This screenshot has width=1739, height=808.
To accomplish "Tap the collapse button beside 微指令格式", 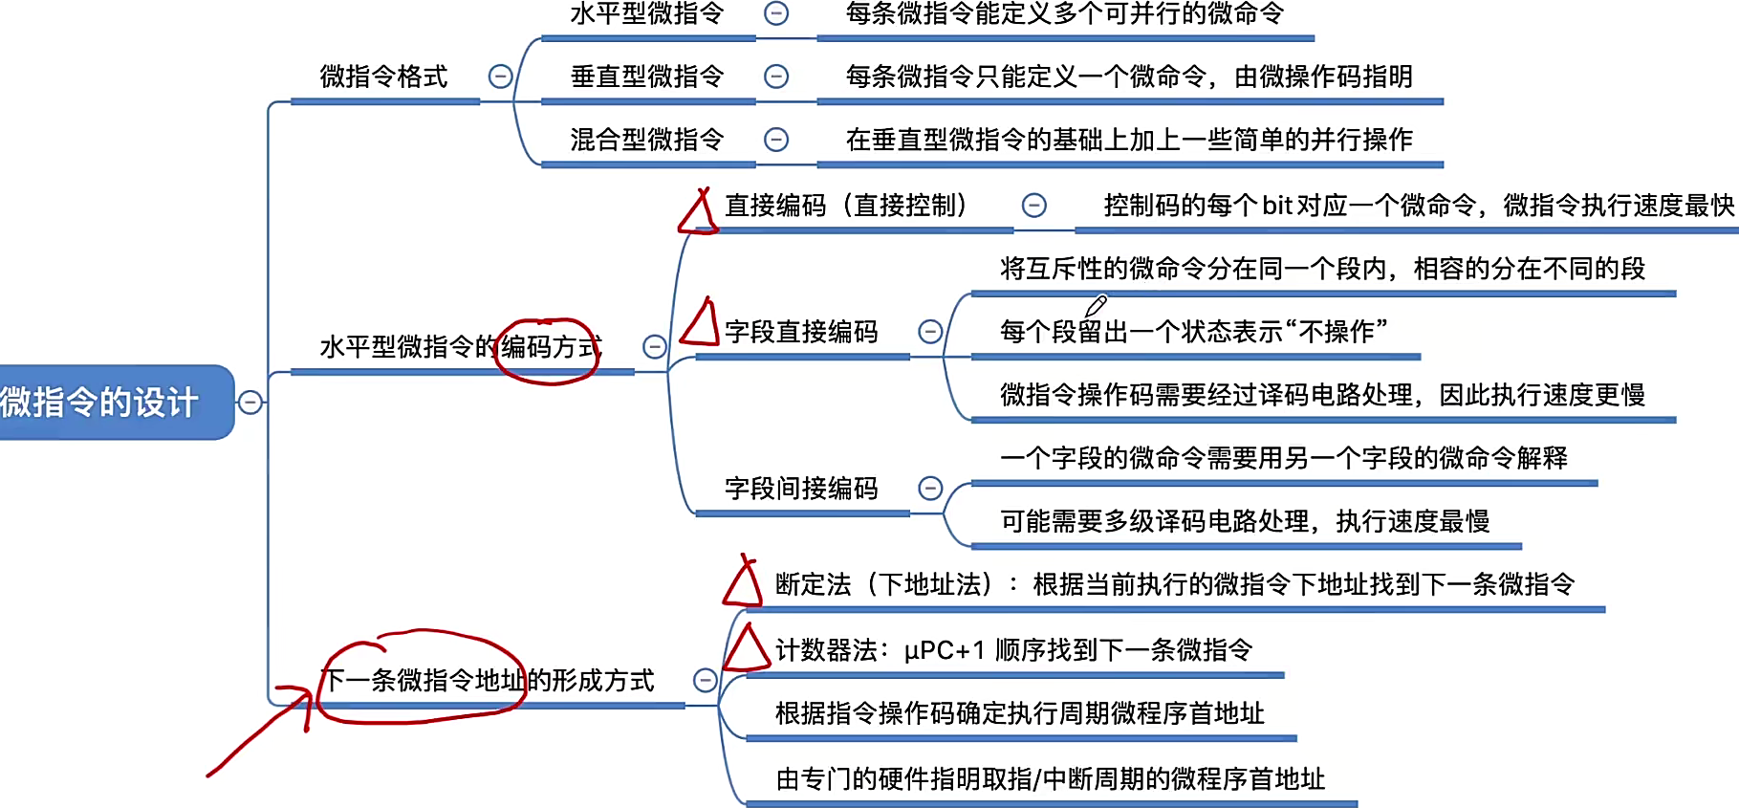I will pos(500,76).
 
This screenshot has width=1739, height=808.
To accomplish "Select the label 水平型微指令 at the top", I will pos(647,14).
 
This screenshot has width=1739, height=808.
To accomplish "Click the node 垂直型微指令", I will pos(647,76).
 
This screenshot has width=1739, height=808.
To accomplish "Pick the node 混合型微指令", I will pos(647,140).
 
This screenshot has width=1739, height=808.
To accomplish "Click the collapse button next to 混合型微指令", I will pos(776,140).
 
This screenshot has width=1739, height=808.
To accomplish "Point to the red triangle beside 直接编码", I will pos(699,213).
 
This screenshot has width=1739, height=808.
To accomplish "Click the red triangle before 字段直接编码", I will pos(701,323).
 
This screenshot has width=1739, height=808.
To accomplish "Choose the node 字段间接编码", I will pos(801,489).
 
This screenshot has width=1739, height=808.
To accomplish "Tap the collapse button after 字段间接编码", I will pos(930,489).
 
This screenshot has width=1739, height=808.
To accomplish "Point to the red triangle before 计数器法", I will pos(747,649).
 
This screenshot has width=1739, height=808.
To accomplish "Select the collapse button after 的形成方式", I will pos(705,680).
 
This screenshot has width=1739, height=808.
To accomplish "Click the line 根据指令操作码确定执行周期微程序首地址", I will pos(1019,713).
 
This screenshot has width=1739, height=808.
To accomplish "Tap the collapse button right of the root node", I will pos(250,403).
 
